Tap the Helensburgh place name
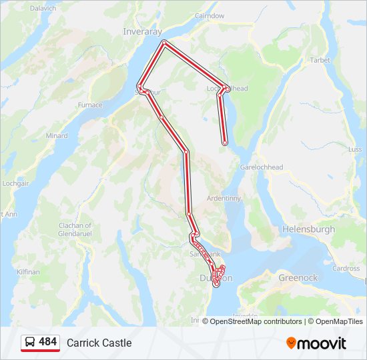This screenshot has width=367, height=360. pos(309,229)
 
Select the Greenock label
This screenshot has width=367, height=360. pos(298,277)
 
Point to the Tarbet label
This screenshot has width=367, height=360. pos(320,60)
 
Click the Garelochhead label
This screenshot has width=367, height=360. pos(262,167)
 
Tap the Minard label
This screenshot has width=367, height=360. pos(57,135)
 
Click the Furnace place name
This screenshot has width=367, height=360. pos(90,105)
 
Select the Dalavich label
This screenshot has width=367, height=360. pos(43,8)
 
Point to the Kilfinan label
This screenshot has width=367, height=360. pos(29,272)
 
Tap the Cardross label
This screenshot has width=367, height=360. pos(346,269)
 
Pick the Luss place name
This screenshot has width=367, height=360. pos(355,149)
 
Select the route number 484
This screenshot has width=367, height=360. pos(47,342)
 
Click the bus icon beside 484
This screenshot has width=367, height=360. pos(30,342)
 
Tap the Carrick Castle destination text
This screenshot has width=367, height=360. pos(99,343)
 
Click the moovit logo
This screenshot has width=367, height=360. pos(316,343)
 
